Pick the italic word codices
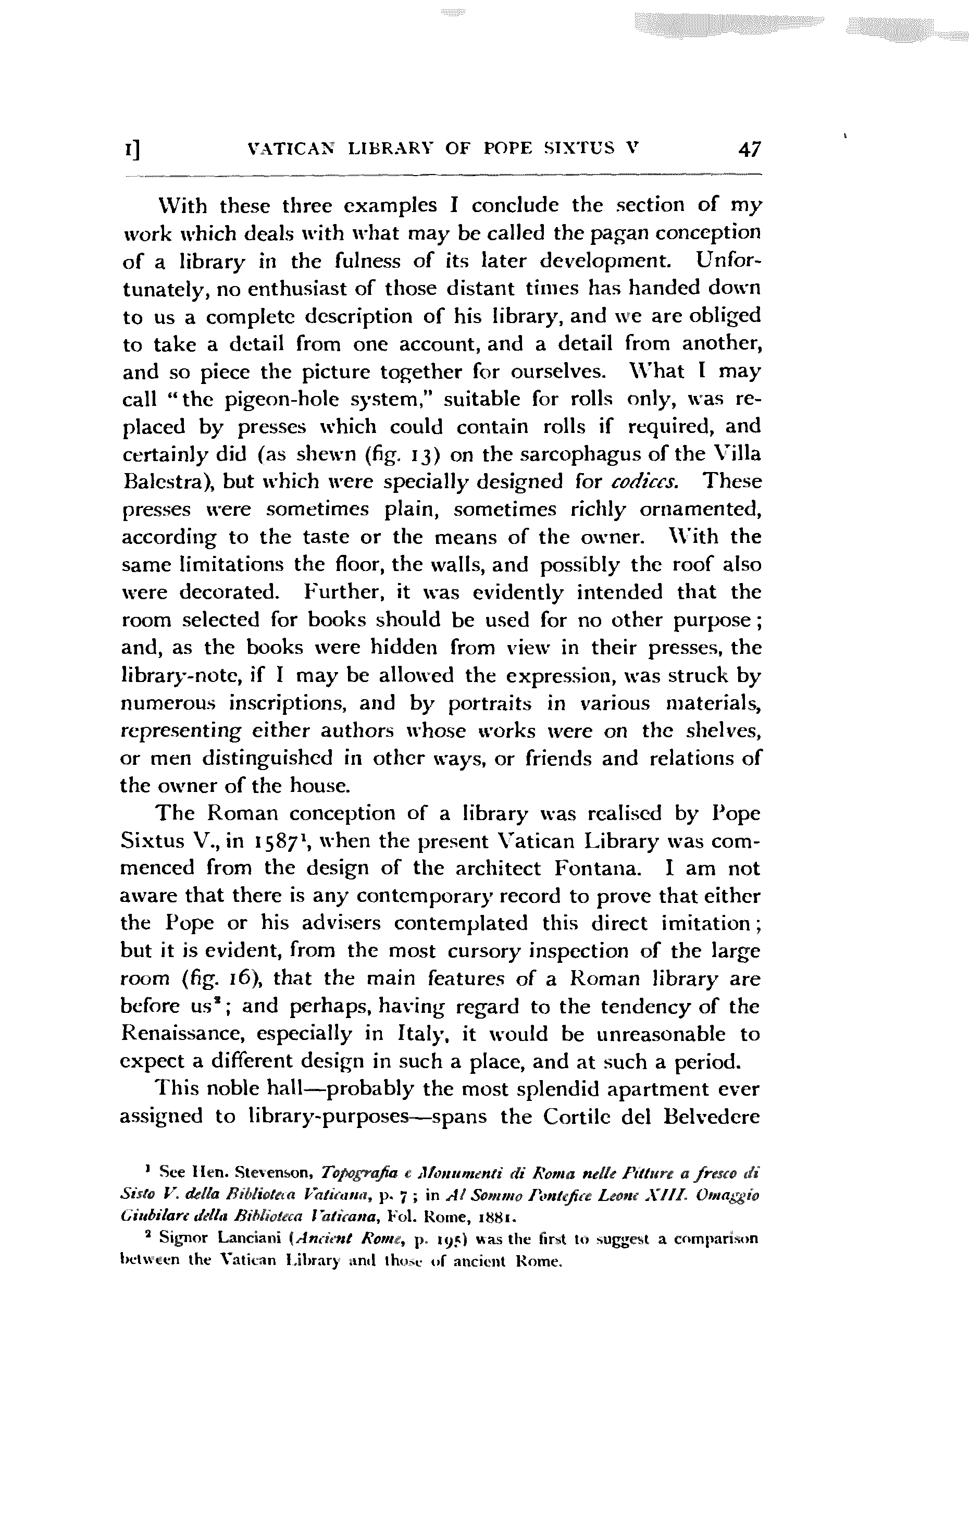pyautogui.click(x=642, y=482)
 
